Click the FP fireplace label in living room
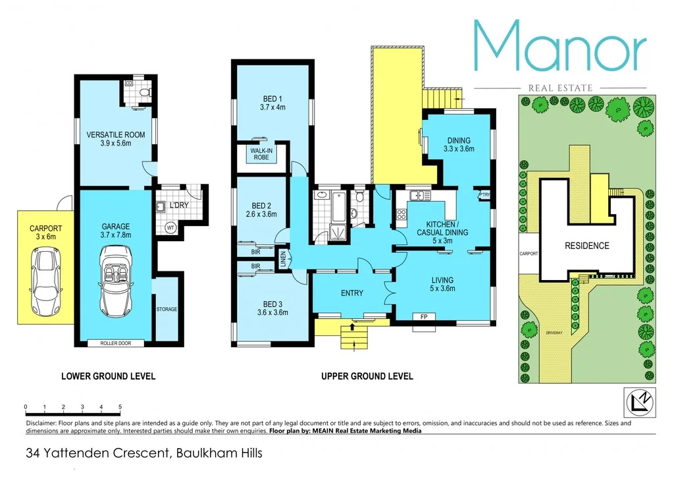423,316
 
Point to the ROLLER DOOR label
115,343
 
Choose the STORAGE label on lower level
167,309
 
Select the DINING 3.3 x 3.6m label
459,145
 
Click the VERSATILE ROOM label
115,140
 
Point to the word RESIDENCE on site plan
586,246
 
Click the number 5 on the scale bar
120,407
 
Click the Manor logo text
559,47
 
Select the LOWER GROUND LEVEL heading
108,376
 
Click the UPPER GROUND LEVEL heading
367,376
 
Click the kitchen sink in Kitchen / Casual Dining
417,196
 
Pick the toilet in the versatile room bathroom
146,92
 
